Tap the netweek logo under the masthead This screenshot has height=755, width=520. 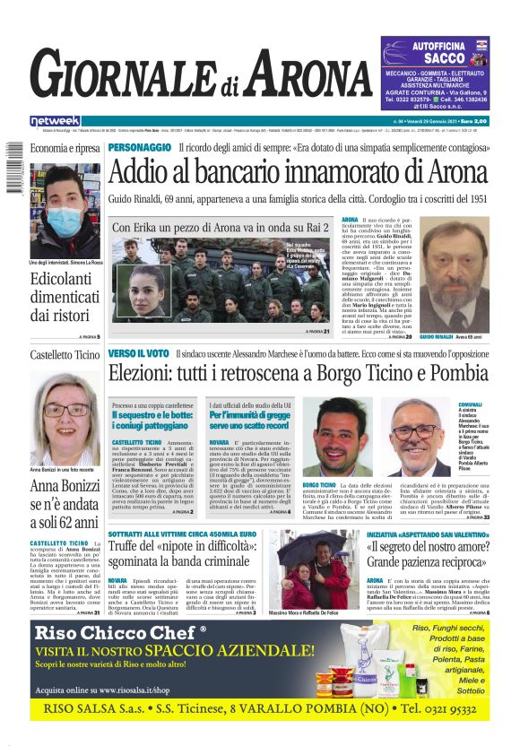point(56,121)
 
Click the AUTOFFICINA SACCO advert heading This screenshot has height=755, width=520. point(437,51)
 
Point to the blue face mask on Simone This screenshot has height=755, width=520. point(64,219)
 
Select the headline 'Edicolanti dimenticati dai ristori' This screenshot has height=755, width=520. point(65,297)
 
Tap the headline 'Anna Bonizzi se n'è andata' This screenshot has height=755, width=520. point(65,506)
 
